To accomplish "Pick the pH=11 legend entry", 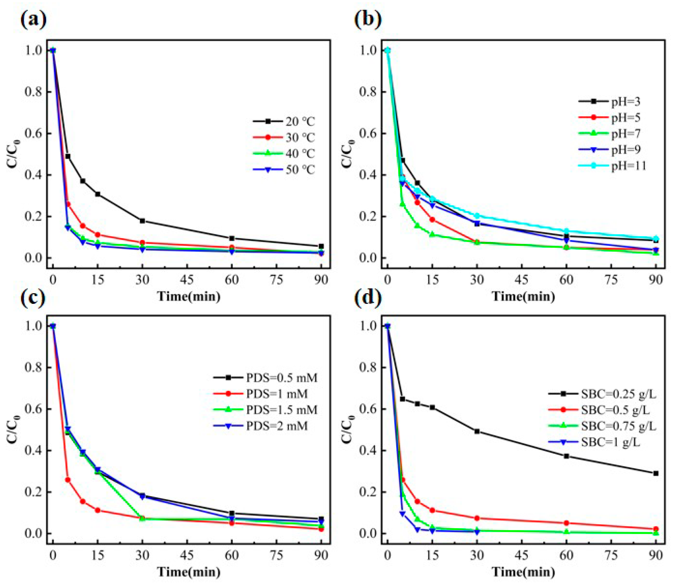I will coord(612,166).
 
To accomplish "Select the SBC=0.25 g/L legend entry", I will coord(602,394).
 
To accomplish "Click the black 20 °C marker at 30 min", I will coord(142,221).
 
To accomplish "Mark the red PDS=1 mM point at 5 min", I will coord(68,480).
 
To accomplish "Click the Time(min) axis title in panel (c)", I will coord(189,572).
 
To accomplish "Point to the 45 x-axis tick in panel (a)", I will coord(187,280).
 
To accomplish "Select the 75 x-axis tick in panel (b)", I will coord(611,280).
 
